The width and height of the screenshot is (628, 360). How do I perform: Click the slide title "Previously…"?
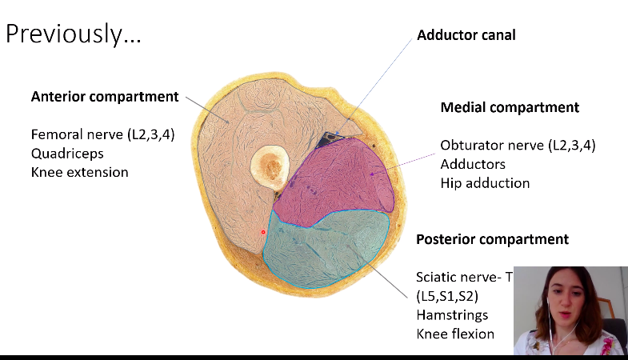coord(74,34)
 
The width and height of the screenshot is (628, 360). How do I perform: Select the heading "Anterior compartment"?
coord(105,97)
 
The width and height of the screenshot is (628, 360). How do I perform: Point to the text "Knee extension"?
coord(79,172)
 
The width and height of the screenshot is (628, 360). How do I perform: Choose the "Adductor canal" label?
coord(466,35)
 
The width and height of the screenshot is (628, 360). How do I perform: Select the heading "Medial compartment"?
coord(510,107)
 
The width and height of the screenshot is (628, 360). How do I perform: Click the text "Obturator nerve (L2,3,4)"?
coord(518,146)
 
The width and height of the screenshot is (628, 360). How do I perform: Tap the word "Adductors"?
coord(474,164)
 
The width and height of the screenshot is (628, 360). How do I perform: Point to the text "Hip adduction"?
coord(485,183)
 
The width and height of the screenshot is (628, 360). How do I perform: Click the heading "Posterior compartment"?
coord(492,239)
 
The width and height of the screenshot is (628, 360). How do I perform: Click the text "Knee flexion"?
coord(455,334)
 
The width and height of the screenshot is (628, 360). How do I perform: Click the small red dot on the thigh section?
coord(263,232)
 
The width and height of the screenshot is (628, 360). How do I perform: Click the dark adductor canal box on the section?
coord(329,141)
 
